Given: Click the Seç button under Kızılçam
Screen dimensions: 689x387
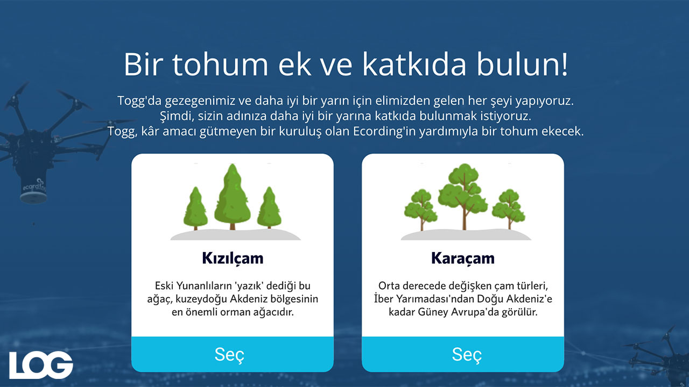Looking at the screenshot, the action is pos(232,354).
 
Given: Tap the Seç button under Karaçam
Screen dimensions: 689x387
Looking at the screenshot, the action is pos(463,354).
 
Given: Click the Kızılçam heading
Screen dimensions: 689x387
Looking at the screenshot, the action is pos(233,259).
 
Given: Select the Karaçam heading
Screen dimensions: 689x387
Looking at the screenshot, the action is pos(463,259).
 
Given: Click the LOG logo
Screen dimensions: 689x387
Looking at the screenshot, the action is pos(41,365).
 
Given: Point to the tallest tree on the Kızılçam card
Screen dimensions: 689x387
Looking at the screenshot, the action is pos(232,197).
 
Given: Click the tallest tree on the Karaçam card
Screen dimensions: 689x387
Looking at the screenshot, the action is pos(462,197).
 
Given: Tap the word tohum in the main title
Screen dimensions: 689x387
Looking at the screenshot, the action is pos(220,64).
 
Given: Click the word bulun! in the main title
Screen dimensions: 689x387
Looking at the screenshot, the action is pos(522,64).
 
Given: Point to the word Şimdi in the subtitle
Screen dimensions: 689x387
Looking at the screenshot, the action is pos(177,117).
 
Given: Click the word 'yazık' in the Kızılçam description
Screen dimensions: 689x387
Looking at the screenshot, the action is pos(249,286).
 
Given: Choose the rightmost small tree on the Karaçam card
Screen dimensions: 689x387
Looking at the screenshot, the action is pos(509,210).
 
